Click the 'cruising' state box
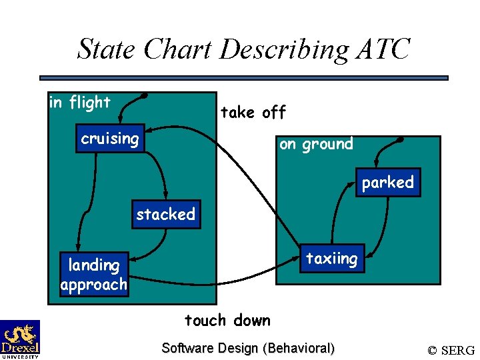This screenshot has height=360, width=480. click(x=110, y=139)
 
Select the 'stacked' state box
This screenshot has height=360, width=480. click(x=165, y=215)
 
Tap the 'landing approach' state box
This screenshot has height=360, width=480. click(x=93, y=275)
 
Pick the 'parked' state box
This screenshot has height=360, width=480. click(x=387, y=182)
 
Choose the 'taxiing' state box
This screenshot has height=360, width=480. click(x=331, y=258)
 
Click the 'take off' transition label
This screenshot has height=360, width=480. click(x=253, y=112)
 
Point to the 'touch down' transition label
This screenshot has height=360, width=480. click(x=227, y=321)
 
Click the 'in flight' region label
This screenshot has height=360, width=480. click(x=80, y=102)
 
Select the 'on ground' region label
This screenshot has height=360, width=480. click(x=316, y=144)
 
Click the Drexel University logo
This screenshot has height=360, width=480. click(x=20, y=339)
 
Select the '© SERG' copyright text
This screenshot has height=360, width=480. click(x=451, y=350)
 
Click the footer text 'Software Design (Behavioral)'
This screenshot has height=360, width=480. click(x=248, y=347)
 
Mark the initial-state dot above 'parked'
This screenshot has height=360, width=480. click(x=399, y=140)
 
